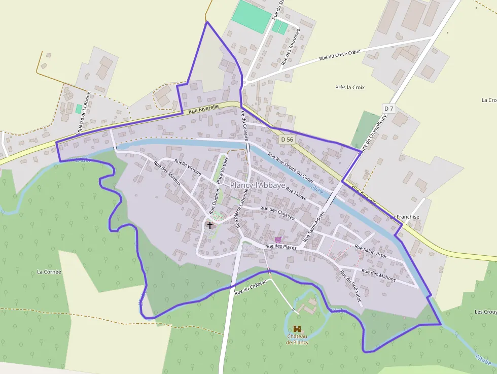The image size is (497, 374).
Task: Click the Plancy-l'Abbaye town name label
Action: pos(258,185)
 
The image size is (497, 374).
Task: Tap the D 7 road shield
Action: pos(389,109)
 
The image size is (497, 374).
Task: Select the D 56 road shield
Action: pos(287,139)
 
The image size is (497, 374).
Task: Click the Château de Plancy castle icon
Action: pos(297,329)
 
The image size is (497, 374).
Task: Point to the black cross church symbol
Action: pos(210,224)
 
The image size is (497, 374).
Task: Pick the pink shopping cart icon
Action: pos(278,239)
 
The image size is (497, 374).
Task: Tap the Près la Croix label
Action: pos(350,87)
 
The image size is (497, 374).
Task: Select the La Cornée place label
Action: pos(49,271)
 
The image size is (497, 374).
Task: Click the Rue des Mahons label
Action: pos(379,276)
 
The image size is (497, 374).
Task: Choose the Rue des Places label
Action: pos(281,247)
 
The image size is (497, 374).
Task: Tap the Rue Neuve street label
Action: pos(296,193)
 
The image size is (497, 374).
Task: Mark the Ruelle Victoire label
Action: pos(188,168)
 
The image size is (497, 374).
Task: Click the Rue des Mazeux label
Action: pos(167,174)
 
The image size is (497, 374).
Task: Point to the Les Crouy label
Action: pos(485,312)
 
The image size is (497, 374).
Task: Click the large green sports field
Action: pos(252,16)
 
